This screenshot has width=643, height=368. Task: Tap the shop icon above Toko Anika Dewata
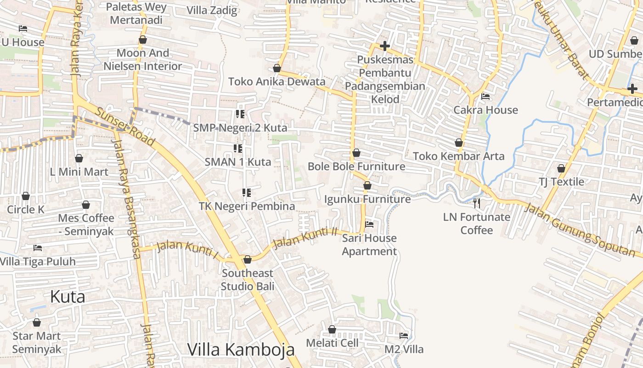point(277,69)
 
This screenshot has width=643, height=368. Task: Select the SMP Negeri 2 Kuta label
point(240,127)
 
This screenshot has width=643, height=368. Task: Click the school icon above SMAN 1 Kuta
point(238,148)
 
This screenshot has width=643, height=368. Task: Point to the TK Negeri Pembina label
point(247,206)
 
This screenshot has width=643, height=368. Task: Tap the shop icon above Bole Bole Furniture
point(356,153)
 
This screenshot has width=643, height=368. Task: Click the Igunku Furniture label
point(367,199)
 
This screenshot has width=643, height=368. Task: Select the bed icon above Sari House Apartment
point(369,224)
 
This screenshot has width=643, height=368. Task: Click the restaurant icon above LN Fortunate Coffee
point(477,203)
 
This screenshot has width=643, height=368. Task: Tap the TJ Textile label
point(561,182)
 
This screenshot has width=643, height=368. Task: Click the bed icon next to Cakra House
point(485,97)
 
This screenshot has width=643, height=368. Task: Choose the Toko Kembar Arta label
point(458,156)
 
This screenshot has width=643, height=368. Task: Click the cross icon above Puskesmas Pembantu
point(385,46)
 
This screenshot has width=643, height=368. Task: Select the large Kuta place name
point(68,297)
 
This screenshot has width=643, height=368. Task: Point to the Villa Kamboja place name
point(241,350)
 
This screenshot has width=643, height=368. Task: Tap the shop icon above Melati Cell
point(332,329)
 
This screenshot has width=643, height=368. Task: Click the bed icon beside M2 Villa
point(404,336)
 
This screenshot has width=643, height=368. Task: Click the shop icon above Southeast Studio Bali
point(248,260)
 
